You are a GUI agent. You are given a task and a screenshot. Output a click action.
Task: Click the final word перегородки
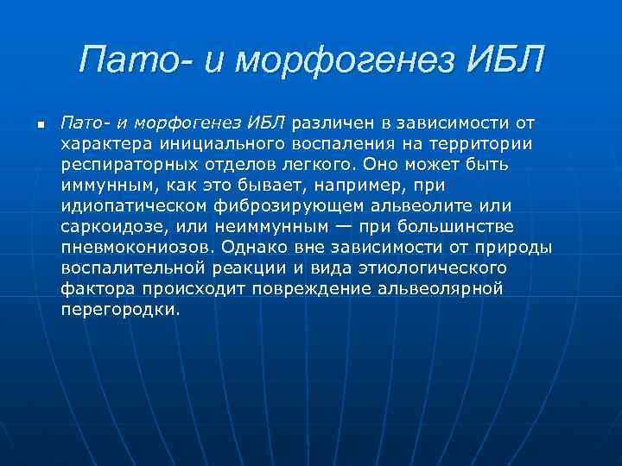click(x=121, y=309)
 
